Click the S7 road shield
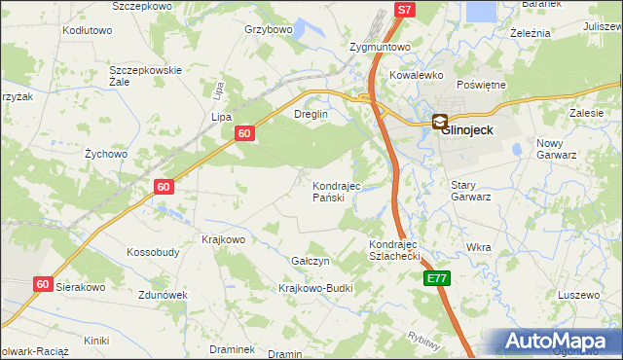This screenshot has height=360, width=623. [407, 9]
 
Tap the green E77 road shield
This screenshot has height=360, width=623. [438, 278]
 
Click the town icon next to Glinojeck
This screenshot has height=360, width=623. [439, 123]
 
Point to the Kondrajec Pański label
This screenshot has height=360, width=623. [336, 192]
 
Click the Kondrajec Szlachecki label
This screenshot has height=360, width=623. [393, 250]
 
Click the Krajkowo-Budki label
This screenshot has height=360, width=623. [314, 289]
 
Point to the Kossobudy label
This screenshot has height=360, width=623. [153, 252]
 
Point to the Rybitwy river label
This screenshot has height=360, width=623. [425, 341]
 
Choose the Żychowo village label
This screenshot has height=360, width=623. [106, 154]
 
